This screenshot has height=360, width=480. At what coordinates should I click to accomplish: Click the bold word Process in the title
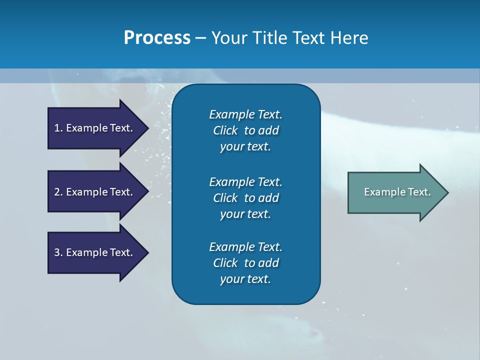tap(157, 38)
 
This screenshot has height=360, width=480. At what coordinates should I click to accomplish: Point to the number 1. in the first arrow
tap(58, 128)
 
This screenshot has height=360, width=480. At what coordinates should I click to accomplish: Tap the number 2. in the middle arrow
tap(58, 192)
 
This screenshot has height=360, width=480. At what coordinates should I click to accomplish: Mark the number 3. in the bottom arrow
tap(58, 252)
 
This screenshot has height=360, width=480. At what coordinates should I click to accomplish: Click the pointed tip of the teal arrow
tap(446, 192)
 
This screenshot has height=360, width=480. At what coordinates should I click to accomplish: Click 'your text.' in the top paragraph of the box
tap(245, 147)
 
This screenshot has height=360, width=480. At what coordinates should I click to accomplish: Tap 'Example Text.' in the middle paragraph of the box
tap(245, 181)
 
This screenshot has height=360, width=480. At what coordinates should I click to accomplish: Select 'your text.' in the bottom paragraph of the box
tap(245, 279)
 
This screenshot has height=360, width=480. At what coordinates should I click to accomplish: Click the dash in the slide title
tap(200, 38)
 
